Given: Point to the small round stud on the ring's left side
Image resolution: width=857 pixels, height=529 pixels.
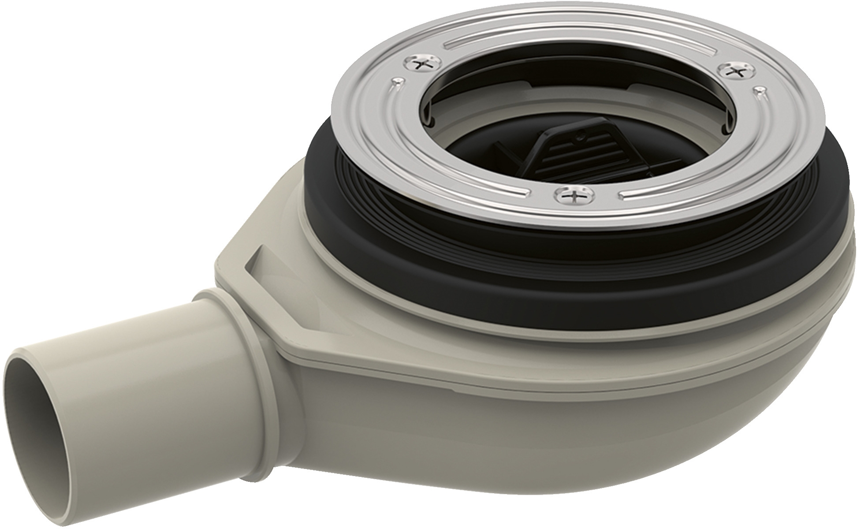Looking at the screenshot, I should click(x=397, y=81).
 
